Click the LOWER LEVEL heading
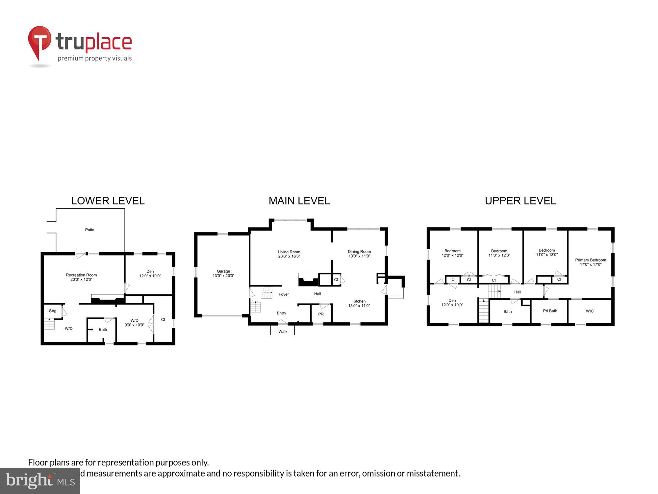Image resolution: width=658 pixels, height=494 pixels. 108,201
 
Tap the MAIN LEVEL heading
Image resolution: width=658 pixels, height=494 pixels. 299,201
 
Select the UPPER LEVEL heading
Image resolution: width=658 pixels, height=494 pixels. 520,201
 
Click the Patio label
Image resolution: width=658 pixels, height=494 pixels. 89,230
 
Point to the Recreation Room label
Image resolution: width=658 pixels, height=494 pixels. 81,275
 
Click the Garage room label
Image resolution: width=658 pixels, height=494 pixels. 223,271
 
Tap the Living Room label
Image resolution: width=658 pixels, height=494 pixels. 289,252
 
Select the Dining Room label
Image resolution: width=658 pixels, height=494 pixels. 359,252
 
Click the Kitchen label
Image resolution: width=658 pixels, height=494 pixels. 359,301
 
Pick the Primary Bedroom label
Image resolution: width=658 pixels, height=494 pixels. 591,260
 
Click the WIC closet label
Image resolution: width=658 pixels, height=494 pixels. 590,311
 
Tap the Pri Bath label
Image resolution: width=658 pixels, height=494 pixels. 550,311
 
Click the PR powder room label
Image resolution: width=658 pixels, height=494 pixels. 321,314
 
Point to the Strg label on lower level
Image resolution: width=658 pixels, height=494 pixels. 53,311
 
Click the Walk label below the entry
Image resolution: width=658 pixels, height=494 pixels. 283,332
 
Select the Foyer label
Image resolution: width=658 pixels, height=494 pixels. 284,294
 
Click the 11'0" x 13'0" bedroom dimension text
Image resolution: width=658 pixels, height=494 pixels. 547,255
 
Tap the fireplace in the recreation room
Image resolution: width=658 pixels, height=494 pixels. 108,300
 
